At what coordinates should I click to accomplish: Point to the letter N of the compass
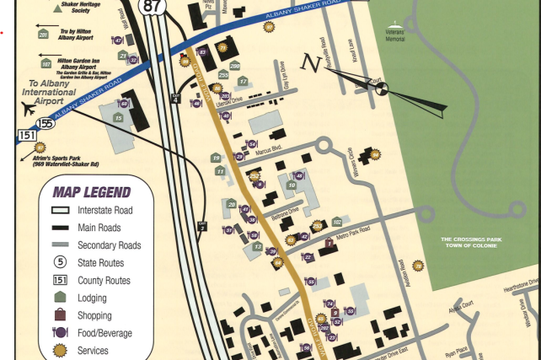pyautogui.click(x=312, y=62)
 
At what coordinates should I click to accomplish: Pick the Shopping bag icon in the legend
pyautogui.click(x=60, y=315)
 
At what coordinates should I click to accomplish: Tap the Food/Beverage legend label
pyautogui.click(x=104, y=333)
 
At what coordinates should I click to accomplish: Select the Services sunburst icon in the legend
pyautogui.click(x=60, y=350)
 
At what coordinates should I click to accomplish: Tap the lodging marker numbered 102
pyautogui.click(x=337, y=222)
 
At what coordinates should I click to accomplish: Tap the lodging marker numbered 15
pyautogui.click(x=119, y=118)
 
